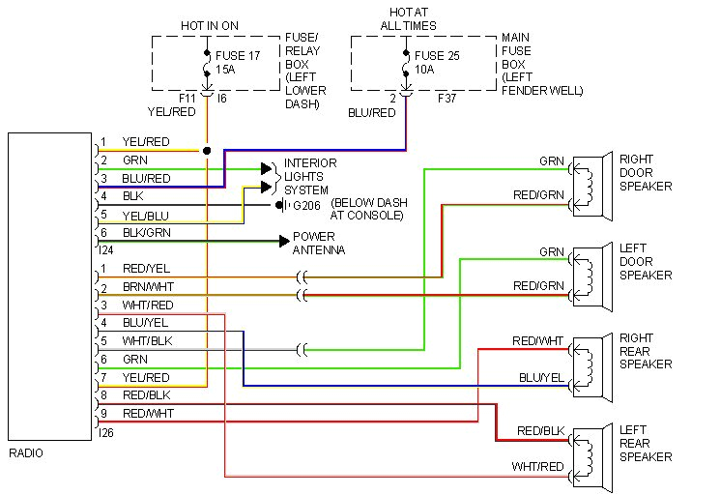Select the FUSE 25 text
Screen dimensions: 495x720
440,55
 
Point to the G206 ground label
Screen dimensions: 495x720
307,205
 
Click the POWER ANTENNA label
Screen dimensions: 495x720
315,243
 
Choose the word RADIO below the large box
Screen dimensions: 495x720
25,452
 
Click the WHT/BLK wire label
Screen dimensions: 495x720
146,340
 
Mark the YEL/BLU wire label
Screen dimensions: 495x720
145,215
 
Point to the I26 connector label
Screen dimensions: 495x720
106,432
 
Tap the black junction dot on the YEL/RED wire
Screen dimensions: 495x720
207,151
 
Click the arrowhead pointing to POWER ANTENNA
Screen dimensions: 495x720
284,241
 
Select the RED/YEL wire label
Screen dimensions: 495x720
146,269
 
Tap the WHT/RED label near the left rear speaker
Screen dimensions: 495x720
538,467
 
